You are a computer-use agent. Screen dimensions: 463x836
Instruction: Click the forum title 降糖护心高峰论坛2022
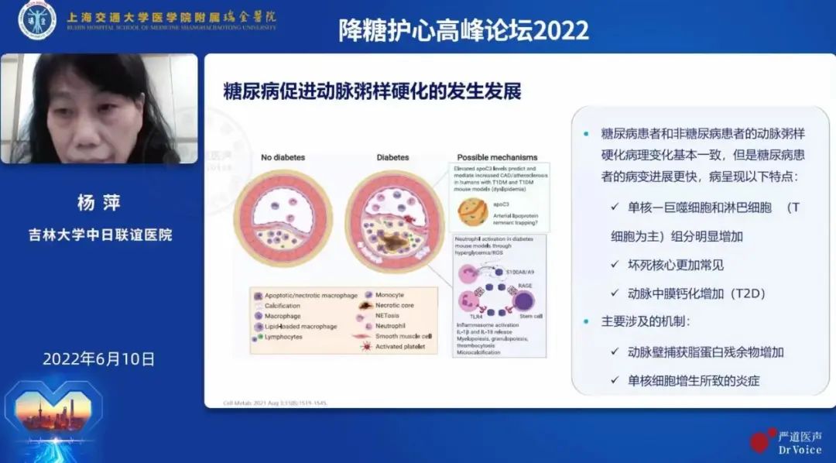click(464, 29)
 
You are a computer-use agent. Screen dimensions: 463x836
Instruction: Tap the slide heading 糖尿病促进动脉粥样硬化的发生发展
click(372, 91)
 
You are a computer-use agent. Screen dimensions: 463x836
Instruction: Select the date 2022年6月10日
click(98, 359)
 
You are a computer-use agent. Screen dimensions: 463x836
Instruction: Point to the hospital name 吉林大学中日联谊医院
click(99, 235)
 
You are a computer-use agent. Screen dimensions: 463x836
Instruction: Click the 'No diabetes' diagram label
click(283, 157)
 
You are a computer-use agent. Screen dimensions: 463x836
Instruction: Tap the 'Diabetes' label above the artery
click(392, 157)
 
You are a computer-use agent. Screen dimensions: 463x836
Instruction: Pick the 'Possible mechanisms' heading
click(497, 157)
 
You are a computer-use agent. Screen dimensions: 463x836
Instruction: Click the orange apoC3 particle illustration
click(472, 211)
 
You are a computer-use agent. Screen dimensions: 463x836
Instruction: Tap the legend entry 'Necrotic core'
click(394, 305)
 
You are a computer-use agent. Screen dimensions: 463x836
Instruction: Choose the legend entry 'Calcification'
click(282, 306)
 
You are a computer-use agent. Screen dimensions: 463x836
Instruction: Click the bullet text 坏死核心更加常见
click(675, 265)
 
